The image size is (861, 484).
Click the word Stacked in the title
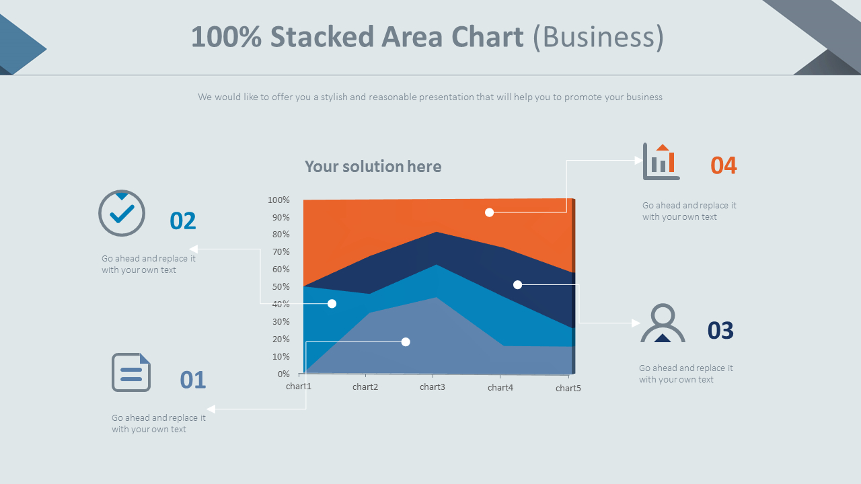click(322, 37)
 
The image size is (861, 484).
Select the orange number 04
click(723, 165)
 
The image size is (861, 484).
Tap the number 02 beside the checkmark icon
click(182, 221)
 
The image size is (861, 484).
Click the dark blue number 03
click(720, 330)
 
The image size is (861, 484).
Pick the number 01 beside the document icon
click(193, 380)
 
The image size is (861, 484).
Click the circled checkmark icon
click(122, 213)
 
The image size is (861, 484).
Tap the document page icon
click(131, 372)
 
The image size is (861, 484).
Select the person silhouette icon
click(663, 323)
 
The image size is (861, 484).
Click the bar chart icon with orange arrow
click(661, 161)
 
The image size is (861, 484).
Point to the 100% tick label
click(278, 200)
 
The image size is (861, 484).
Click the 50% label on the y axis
click(281, 287)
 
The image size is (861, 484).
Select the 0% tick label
click(283, 374)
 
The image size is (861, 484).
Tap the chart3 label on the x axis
click(433, 387)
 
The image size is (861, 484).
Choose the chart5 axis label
click(568, 389)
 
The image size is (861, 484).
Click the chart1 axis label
click(299, 386)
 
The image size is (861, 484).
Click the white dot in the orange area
click(489, 212)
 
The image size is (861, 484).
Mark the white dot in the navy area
click(518, 284)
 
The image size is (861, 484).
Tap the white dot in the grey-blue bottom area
click(406, 342)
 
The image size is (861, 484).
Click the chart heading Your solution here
click(373, 166)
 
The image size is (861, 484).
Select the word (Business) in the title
click(598, 37)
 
